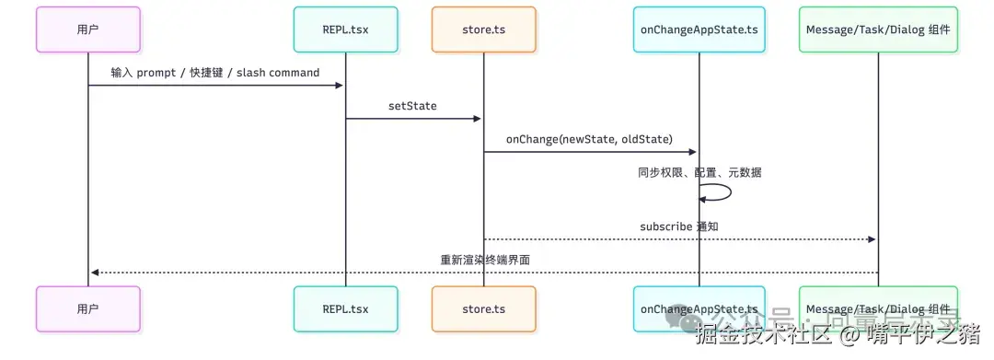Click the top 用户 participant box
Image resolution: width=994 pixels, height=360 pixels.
tap(88, 29)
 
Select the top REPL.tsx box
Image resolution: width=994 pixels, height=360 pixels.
tap(346, 29)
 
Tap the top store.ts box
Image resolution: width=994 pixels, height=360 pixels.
tap(483, 29)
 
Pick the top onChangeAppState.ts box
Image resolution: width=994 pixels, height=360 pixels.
tap(699, 29)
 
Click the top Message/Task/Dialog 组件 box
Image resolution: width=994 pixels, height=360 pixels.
tap(877, 29)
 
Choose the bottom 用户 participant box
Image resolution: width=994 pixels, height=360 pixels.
tap(88, 308)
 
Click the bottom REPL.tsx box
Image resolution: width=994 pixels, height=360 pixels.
tap(346, 308)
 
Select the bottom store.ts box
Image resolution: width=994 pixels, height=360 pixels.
tap(483, 308)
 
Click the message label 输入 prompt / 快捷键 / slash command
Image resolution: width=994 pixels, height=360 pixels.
tap(215, 73)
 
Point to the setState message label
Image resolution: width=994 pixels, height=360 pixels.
tap(412, 106)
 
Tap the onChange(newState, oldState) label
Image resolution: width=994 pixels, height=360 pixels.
tap(589, 139)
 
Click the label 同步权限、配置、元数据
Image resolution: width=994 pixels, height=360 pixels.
tap(699, 172)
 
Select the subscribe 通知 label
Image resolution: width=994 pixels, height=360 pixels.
tap(679, 226)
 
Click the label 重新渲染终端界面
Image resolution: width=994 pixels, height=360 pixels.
tap(485, 260)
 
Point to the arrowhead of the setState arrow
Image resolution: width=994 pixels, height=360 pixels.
tap(477, 119)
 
